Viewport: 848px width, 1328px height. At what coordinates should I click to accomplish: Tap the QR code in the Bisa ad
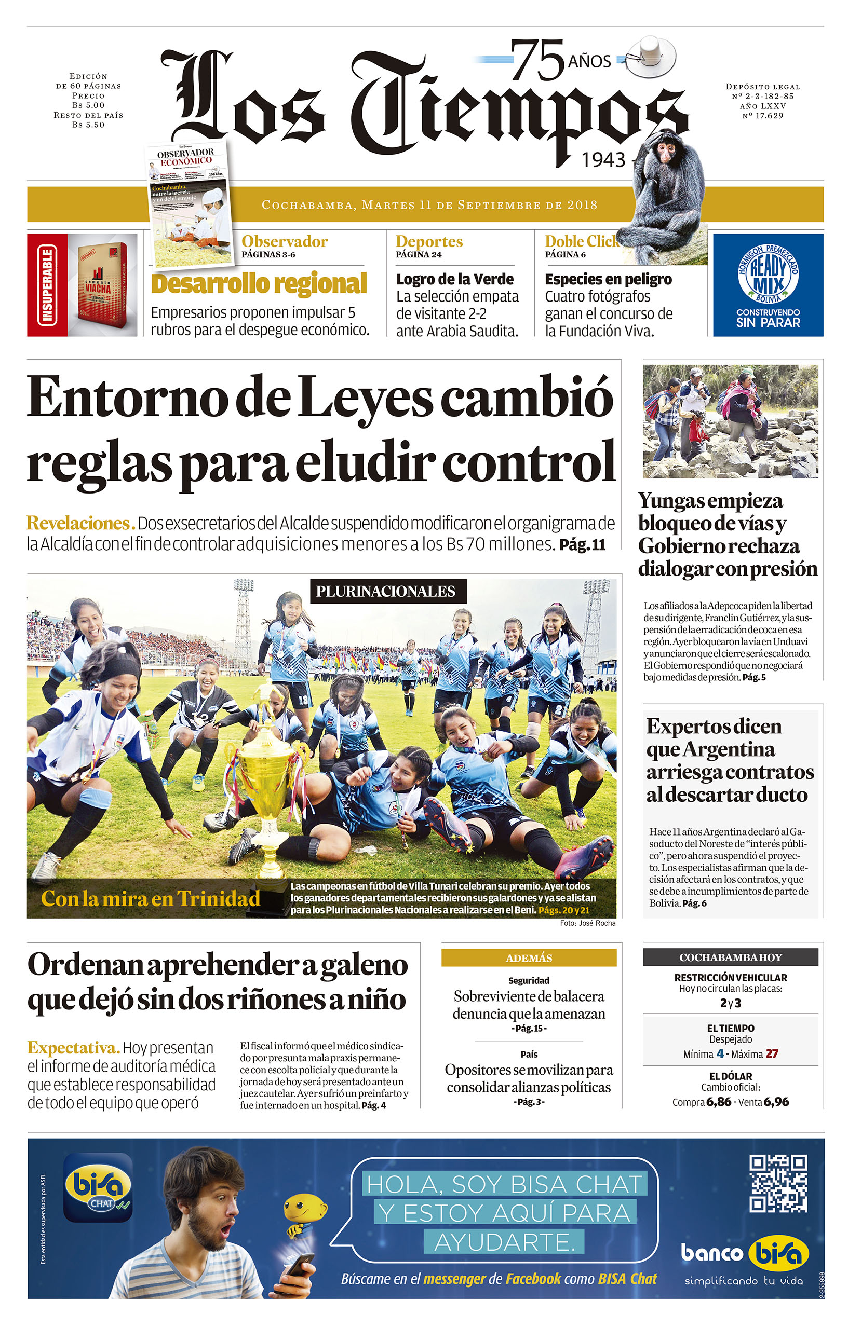tap(777, 1183)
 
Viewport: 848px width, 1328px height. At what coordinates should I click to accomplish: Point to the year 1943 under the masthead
tap(603, 160)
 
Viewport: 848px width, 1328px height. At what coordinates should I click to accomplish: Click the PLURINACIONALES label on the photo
tap(386, 591)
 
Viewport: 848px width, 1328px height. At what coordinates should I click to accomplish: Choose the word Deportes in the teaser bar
tap(429, 241)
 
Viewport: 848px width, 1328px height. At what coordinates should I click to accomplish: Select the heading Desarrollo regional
tap(259, 284)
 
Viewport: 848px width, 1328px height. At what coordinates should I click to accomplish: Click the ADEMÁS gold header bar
tap(528, 958)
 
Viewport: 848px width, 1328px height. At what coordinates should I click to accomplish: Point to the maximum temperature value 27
tap(772, 1053)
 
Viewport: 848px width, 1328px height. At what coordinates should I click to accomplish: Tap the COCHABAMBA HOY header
tap(730, 957)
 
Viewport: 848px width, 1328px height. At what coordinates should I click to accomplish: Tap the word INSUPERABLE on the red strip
tap(47, 285)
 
